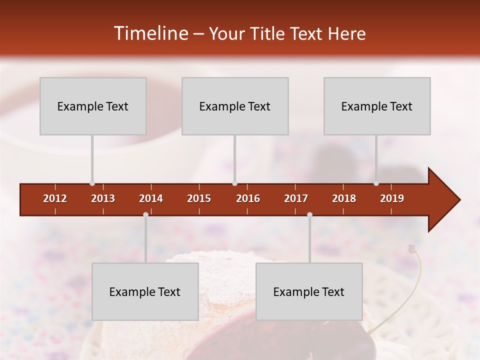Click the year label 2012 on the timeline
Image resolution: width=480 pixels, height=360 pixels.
pos(55,198)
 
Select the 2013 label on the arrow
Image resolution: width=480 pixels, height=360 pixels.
pos(103,198)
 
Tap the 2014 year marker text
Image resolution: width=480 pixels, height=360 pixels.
pos(151,198)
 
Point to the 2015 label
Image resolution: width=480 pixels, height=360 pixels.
pos(199,198)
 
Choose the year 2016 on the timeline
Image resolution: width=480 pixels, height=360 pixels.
pos(248,198)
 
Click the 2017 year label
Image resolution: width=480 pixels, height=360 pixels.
pos(296,198)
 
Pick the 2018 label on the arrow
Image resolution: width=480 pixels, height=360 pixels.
pos(344,198)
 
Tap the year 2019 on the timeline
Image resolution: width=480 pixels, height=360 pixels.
pos(392,198)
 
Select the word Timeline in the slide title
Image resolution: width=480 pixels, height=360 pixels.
pos(150,33)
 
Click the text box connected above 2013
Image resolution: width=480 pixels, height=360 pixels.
pos(93,106)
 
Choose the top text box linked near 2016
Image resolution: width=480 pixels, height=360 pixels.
pos(235,106)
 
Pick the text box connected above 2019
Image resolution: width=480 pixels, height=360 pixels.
pos(377,106)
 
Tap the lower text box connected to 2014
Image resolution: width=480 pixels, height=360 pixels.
pos(145,291)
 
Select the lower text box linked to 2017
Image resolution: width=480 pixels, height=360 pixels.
pos(309,291)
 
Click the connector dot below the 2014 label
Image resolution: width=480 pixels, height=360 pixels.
pos(145,215)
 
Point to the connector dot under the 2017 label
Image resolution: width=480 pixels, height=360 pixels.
pos(309,215)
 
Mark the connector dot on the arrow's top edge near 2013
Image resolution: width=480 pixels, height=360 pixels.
pos(92,183)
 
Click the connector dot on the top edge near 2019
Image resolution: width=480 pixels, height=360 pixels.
pos(376,183)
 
